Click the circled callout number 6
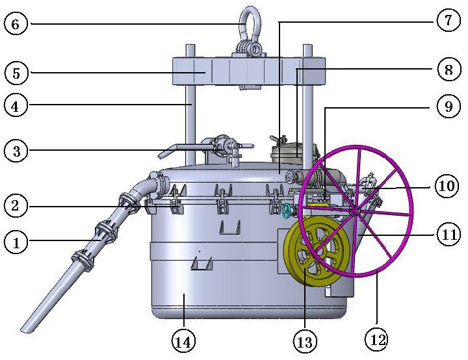[x=16, y=23]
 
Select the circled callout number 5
[x=16, y=73]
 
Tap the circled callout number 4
[x=16, y=105]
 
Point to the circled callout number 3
[x=16, y=151]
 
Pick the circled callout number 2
[x=16, y=206]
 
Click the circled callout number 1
[x=16, y=242]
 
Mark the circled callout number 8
[x=448, y=70]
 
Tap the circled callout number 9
[x=448, y=106]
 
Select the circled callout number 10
[x=447, y=186]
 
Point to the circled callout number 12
[x=377, y=339]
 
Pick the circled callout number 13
[x=305, y=341]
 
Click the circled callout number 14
[x=183, y=341]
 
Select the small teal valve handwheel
[x=287, y=211]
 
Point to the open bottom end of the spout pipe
[x=27, y=328]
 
